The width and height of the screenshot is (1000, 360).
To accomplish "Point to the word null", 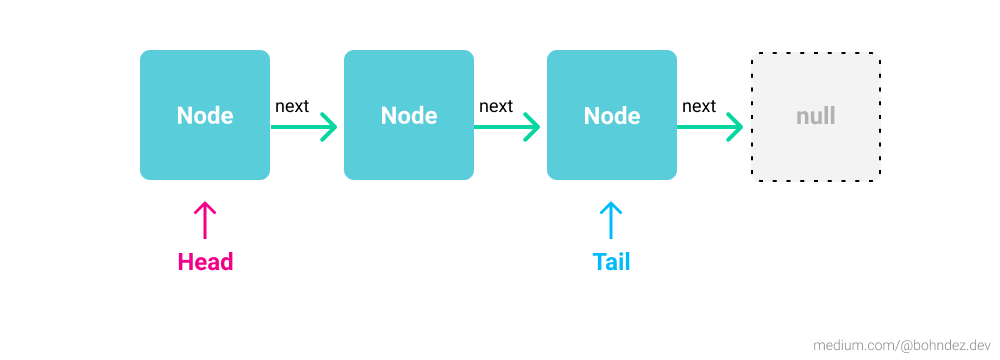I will point(816,116).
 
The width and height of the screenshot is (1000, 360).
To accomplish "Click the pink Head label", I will point(205,262).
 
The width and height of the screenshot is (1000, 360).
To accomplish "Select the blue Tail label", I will point(612,262).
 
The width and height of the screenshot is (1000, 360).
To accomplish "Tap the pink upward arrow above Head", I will point(205,220).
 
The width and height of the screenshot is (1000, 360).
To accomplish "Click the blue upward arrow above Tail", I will point(611,220).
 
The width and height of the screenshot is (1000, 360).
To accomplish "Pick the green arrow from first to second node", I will point(304,127).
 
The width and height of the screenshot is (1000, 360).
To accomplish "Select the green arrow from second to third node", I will point(507,127).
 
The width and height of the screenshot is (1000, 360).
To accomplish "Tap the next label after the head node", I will point(292,106).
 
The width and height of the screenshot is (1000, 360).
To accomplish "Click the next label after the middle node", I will point(496,106).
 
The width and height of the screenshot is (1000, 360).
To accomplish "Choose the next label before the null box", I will point(699,106).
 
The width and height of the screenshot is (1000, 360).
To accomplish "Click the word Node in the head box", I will point(205,116).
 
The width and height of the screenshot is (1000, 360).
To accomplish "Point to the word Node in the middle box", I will point(409,116).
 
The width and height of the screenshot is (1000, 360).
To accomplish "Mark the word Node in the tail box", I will point(612,116).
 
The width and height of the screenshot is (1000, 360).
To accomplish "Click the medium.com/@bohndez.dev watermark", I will point(901,342).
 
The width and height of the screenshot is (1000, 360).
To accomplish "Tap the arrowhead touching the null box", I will point(735,127).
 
